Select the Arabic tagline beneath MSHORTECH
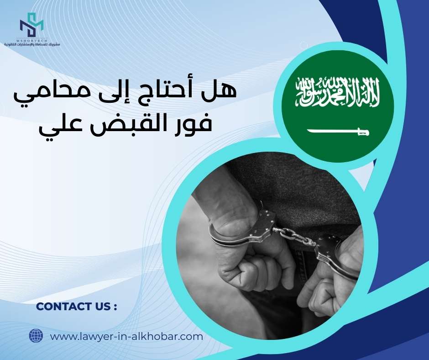pos(32,45)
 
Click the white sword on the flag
pos(338,132)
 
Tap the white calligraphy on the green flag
pos(338,92)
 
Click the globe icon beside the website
pos(36,336)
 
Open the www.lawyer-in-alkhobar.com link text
pos(126,337)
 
